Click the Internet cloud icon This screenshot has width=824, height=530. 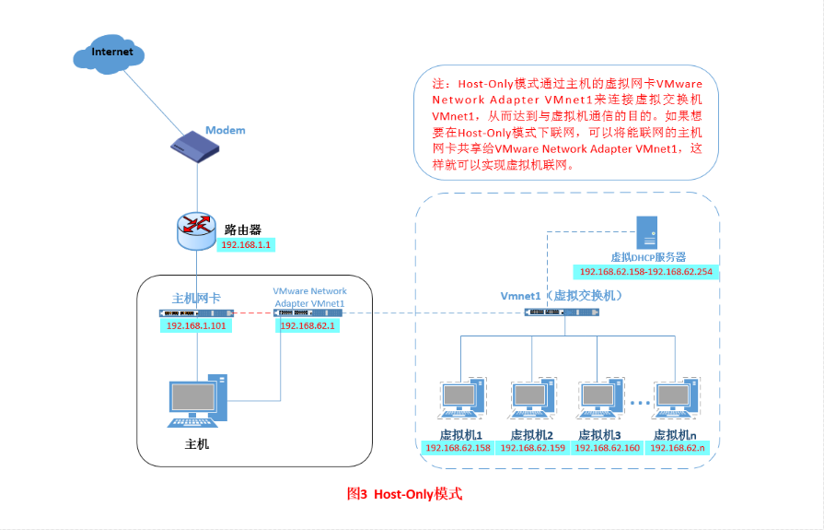tap(111, 53)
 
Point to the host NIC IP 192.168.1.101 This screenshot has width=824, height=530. tap(196, 325)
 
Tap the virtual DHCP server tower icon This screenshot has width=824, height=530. tap(648, 231)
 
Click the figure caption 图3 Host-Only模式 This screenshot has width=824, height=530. tap(404, 494)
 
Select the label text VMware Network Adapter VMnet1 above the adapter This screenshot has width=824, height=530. tap(310, 297)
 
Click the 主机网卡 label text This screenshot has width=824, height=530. tap(196, 299)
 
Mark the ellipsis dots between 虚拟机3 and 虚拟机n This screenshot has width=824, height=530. tap(641, 404)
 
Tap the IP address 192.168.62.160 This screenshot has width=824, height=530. tap(607, 448)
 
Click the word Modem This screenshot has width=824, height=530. tap(225, 130)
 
